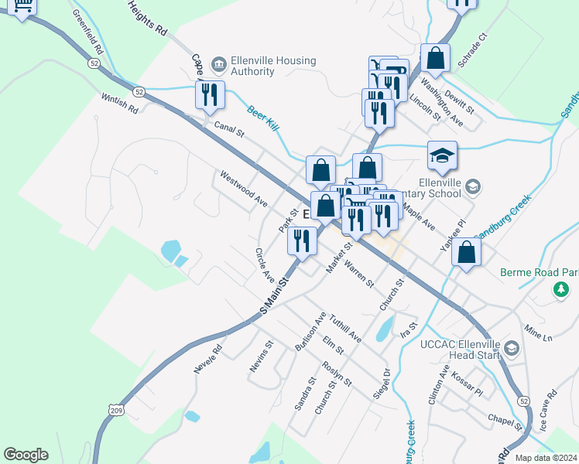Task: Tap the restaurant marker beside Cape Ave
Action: click(210, 94)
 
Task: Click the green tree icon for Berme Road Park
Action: click(560, 289)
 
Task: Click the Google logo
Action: click(26, 455)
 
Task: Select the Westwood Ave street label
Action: click(243, 189)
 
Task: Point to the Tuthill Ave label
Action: click(344, 328)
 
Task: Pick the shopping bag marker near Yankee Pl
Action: click(466, 252)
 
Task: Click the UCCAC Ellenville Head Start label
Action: click(459, 350)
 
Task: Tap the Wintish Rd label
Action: click(119, 104)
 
